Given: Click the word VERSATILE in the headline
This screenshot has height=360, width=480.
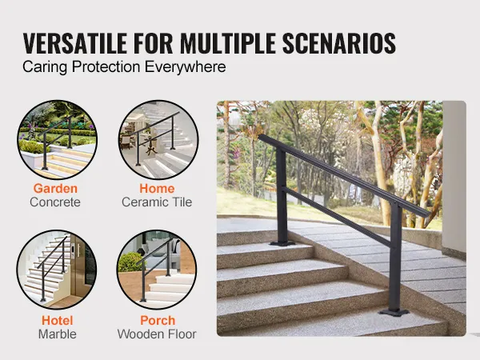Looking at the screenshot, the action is coord(75,43).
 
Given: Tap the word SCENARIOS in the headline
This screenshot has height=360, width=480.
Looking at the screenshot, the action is coord(339,43).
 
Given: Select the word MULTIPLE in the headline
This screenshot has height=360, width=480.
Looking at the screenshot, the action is coord(228,43).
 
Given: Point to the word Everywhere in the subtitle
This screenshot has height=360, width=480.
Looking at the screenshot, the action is coord(186,66).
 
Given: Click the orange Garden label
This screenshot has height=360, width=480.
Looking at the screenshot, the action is coord(55,188).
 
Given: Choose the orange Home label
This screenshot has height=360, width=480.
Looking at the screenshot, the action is coord(157,188).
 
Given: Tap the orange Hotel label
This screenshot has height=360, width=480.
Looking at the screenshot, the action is coord(58,321).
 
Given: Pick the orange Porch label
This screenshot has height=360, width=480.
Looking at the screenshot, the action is coord(158,321).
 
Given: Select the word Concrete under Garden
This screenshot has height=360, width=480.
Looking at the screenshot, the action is coord(55,202).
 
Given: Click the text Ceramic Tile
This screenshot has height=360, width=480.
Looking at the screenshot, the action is coord(157,202).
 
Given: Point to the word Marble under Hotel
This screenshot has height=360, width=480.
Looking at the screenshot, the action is coord(58,334).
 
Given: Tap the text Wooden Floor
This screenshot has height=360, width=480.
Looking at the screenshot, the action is coord(157,334).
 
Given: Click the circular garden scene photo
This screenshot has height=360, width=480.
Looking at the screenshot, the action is coord(58,139).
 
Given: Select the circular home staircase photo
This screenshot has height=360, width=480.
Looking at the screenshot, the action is coord(158,139).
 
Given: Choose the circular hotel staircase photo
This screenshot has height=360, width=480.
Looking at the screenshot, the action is coord(57,270).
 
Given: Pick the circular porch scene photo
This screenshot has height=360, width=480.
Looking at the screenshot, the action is coord(157,270).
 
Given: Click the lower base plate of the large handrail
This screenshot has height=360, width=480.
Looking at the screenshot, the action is coord(394,313).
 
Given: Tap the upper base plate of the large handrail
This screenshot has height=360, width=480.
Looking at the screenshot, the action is coord(282,243).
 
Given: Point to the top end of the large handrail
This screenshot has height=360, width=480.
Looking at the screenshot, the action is coord(260,137).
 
